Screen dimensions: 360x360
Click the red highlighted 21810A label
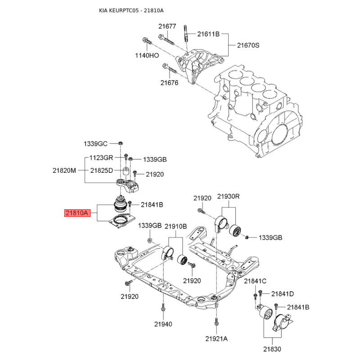(77, 213)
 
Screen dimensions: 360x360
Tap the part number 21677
(167, 27)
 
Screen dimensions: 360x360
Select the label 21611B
(208, 34)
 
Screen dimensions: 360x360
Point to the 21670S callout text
(248, 45)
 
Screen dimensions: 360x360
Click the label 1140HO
(147, 55)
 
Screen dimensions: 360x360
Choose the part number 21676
(169, 83)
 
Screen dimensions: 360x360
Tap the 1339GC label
(95, 144)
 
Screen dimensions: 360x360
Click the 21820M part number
(64, 171)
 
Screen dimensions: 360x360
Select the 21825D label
(102, 171)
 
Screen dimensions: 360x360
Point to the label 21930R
(229, 197)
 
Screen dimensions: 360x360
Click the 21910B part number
(176, 226)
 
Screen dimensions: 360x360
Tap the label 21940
(163, 324)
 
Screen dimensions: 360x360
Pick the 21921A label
(216, 339)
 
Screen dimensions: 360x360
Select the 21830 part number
(272, 349)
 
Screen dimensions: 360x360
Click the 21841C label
(255, 281)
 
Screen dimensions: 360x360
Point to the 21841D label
(283, 294)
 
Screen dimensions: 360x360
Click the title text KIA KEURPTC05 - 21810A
(131, 10)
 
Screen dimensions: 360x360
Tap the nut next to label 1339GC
(121, 144)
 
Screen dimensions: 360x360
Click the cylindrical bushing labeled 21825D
(126, 171)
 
